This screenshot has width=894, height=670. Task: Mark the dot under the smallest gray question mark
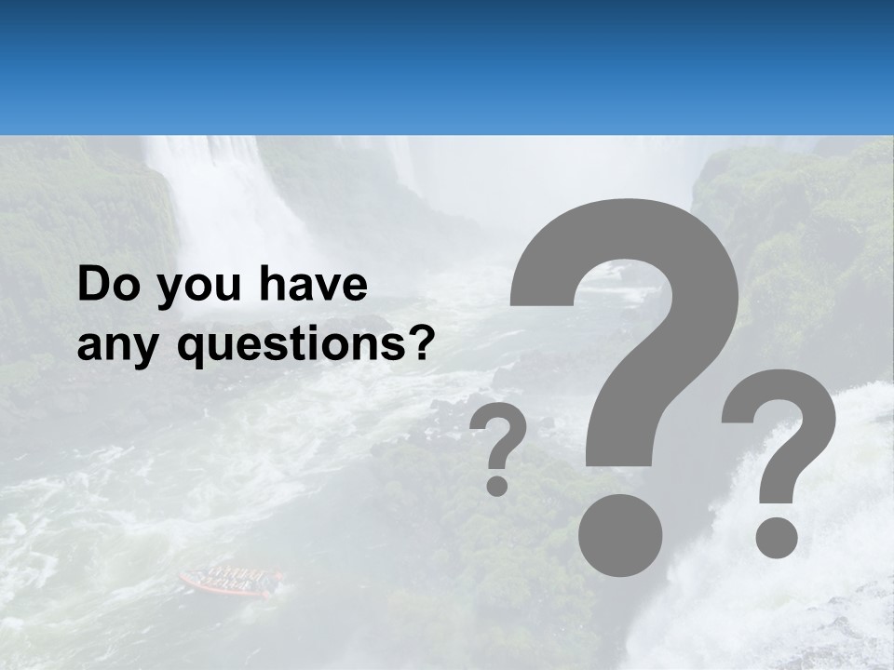[x=498, y=485]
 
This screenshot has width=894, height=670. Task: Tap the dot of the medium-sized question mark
[x=776, y=537]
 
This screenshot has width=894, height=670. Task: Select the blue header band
[x=447, y=67]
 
